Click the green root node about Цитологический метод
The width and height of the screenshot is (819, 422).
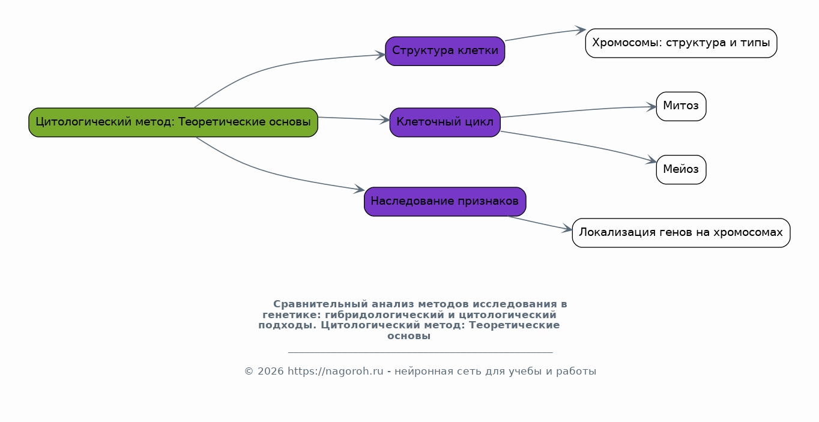[174, 122]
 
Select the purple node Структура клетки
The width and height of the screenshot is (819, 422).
[445, 51]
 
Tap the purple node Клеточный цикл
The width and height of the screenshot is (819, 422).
[445, 122]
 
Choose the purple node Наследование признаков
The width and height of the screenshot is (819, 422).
[445, 202]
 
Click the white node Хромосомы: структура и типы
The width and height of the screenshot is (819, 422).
[681, 43]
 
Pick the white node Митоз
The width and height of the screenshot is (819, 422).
[681, 106]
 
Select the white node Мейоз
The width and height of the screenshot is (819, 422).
[681, 170]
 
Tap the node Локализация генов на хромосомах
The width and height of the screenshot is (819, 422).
[681, 233]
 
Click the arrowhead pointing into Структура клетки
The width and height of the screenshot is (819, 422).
[381, 55]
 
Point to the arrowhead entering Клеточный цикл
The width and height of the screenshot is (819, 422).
[385, 119]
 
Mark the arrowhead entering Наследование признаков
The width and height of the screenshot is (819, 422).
[360, 189]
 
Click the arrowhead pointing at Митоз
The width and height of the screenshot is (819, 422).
[651, 107]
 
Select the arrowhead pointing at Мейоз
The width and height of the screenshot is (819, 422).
[651, 160]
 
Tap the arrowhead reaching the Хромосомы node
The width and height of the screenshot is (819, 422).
[581, 30]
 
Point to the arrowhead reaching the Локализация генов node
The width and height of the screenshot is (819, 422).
[567, 229]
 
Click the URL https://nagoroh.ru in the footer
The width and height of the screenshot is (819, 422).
[335, 371]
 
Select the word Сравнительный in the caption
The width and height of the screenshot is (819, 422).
[320, 304]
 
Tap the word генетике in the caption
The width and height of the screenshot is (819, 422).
[292, 315]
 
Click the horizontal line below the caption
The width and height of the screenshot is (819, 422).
[420, 352]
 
